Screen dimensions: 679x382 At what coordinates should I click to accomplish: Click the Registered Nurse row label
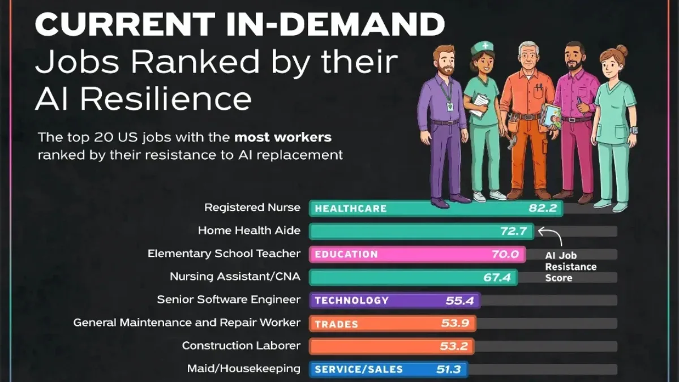coord(252,208)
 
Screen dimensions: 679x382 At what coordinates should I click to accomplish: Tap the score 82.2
coord(543,208)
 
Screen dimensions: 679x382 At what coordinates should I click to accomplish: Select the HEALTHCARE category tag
coord(351,209)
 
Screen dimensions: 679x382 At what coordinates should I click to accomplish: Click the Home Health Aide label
coord(249,231)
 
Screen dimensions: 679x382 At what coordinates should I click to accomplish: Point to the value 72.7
coord(514,231)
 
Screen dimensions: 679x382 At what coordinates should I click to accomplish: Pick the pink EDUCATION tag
coord(346,254)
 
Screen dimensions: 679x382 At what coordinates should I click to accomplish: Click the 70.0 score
coord(505,254)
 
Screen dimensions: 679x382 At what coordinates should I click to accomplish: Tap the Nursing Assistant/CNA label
coord(235,277)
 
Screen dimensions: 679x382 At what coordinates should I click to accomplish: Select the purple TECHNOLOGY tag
coord(351,301)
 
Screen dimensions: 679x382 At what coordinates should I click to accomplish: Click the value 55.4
coord(460,301)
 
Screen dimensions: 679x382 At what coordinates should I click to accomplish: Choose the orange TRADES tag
coord(337,324)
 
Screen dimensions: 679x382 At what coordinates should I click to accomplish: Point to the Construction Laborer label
coord(241,346)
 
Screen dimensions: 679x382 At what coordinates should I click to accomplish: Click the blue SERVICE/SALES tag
coord(359,369)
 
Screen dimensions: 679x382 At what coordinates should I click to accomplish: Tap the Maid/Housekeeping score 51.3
coord(449,369)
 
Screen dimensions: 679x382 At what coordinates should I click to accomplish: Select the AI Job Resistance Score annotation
coord(570,267)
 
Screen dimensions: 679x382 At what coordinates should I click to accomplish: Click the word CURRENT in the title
coord(125,24)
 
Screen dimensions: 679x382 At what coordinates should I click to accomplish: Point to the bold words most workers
coord(283,138)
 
